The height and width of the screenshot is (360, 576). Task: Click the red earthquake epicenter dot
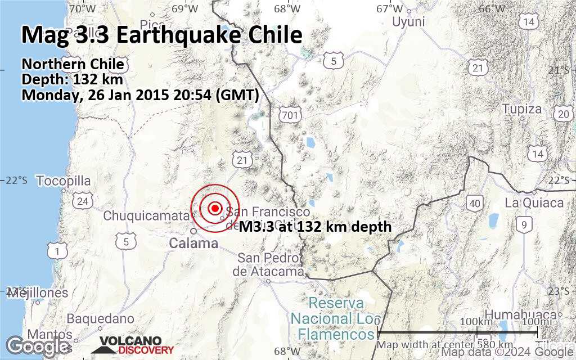[215, 208]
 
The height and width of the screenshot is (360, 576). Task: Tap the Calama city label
[193, 244]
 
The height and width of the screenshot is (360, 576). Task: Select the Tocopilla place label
[64, 181]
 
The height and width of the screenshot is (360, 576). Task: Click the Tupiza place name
[521, 109]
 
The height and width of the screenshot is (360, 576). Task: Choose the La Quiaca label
[534, 203]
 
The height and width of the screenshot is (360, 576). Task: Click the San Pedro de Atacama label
[260, 265]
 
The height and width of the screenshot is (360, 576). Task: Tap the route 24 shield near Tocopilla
[83, 201]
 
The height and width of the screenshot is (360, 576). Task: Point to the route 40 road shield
[475, 203]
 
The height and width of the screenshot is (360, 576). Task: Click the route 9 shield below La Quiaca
[524, 225]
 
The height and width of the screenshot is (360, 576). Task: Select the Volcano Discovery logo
[133, 345]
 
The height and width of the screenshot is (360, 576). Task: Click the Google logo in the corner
[37, 345]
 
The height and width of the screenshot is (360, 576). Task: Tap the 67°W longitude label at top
[390, 8]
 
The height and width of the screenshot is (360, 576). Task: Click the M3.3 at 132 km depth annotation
[315, 227]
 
